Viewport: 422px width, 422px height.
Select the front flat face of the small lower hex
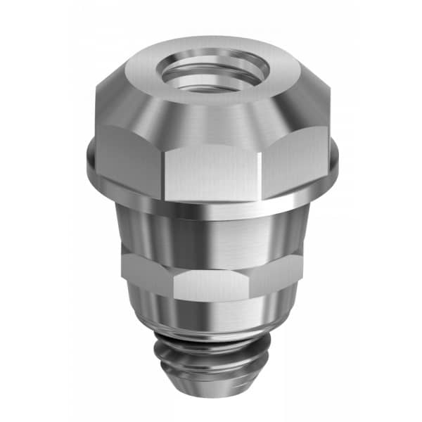coord(211,285)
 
